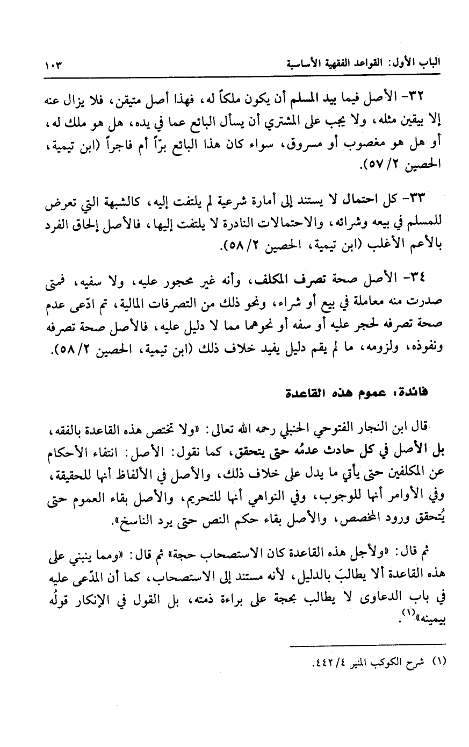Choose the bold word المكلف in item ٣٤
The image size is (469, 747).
pyautogui.click(x=269, y=279)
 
